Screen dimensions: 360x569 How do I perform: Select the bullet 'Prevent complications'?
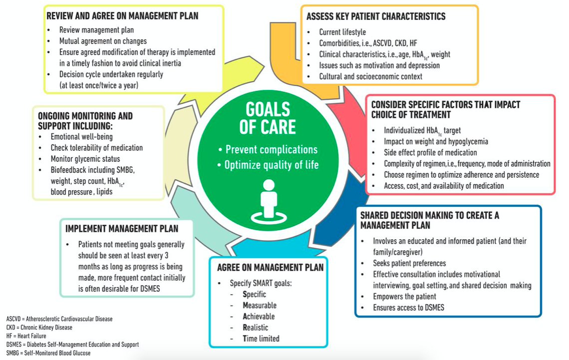pyautogui.click(x=269, y=150)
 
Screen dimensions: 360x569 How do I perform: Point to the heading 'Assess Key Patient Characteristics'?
pyautogui.click(x=376, y=16)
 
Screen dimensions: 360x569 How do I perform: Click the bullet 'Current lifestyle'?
pyautogui.click(x=342, y=32)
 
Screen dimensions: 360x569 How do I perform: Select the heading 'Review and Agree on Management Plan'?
pyautogui.click(x=122, y=16)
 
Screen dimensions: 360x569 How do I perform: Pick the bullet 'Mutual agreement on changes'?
pyautogui.click(x=103, y=41)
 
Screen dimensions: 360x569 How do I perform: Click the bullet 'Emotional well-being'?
pyautogui.click(x=81, y=137)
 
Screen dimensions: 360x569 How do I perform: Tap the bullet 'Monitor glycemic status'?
pyautogui.click(x=85, y=159)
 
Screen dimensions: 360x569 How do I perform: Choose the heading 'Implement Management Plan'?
pyautogui.click(x=122, y=229)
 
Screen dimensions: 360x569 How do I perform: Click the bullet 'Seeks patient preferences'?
pyautogui.click(x=409, y=263)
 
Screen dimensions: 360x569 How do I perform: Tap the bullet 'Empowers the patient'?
pyautogui.click(x=404, y=297)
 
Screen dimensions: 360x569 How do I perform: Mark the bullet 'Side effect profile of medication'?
pyautogui.click(x=430, y=152)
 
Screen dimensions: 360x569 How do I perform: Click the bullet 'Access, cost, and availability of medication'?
pyautogui.click(x=444, y=186)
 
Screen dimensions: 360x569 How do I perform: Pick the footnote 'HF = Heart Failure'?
pyautogui.click(x=26, y=336)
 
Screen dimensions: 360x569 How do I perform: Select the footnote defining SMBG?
pyautogui.click(x=48, y=353)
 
